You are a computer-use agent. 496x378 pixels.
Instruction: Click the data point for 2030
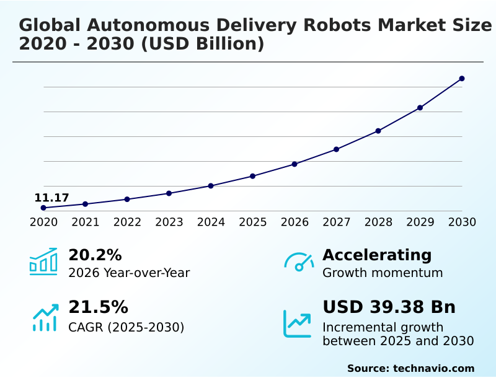[462, 79]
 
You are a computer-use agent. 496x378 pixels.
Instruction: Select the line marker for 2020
[43, 208]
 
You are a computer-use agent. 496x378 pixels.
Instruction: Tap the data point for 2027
[336, 149]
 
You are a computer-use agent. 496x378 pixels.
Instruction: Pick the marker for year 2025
[252, 176]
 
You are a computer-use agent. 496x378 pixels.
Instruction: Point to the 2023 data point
[169, 193]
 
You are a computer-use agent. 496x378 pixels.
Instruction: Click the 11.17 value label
[51, 198]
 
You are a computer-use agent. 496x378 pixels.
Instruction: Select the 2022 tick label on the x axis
[127, 222]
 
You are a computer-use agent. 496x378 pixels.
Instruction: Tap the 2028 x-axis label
[378, 222]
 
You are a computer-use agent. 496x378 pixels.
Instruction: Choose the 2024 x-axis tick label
[211, 222]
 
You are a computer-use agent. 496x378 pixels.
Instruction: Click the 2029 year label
[420, 222]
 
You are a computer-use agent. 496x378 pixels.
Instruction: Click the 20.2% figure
[95, 255]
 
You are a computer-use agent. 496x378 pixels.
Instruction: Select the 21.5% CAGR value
[98, 307]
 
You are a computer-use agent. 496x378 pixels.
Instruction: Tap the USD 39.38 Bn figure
[389, 307]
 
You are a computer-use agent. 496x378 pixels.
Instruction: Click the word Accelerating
[377, 255]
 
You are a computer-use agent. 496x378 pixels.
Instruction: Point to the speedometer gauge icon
[299, 262]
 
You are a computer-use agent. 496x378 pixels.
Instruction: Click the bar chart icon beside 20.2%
[43, 262]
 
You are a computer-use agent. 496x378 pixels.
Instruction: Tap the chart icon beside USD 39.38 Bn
[298, 323]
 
